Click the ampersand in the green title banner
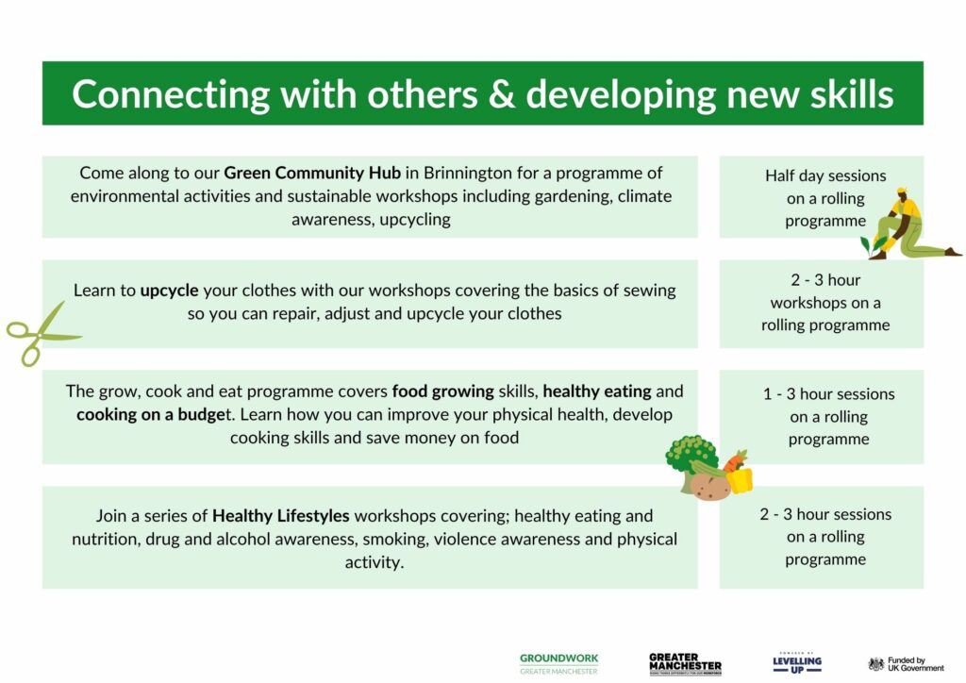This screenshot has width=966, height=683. click(x=501, y=94)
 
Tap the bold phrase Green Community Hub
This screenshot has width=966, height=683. click(x=312, y=173)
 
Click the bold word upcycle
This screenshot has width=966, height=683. click(x=170, y=291)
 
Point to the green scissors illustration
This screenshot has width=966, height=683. click(x=41, y=334)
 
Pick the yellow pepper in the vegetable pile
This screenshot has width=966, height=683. click(x=740, y=480)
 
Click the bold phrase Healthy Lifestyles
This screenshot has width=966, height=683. click(x=281, y=515)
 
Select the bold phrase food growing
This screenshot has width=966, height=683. click(x=443, y=391)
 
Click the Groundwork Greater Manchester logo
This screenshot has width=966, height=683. click(x=558, y=664)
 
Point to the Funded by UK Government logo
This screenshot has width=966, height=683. click(x=906, y=664)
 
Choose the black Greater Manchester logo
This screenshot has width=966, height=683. click(x=685, y=664)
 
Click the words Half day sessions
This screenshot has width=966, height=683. click(x=825, y=176)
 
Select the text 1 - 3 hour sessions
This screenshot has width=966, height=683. click(x=828, y=394)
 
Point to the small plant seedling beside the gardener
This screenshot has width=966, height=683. click(x=873, y=245)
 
